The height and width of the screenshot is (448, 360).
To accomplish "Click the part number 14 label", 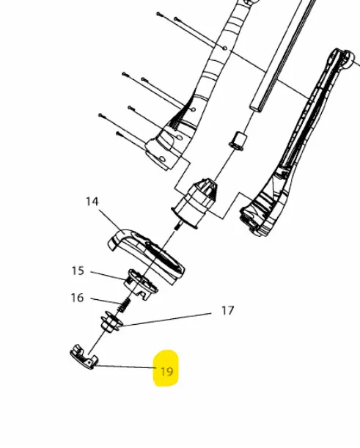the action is coord(92,202).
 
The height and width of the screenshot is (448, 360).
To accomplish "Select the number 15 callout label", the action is coord(78,271).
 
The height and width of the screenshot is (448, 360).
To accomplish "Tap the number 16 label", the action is coord(77,298).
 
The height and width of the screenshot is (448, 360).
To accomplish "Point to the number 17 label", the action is coord(228,311).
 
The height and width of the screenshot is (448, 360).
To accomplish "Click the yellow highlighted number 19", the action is coord(167,372).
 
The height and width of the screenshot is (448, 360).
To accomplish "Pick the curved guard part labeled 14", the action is coord(147,255).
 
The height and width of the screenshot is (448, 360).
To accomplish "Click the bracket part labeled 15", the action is coord(141,284).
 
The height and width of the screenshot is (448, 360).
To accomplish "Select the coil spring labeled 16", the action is coord(124,306).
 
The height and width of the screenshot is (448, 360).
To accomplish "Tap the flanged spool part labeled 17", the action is coord(111,323).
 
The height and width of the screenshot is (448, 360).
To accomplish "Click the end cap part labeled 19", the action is coord(84,357).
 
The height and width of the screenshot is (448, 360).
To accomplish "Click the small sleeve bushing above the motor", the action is coord(238,141).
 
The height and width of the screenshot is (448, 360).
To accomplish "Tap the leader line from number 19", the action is coord(126,367).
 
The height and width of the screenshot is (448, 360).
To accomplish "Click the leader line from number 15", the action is coord(109,275).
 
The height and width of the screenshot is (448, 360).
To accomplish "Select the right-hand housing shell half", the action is coord(297,143).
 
